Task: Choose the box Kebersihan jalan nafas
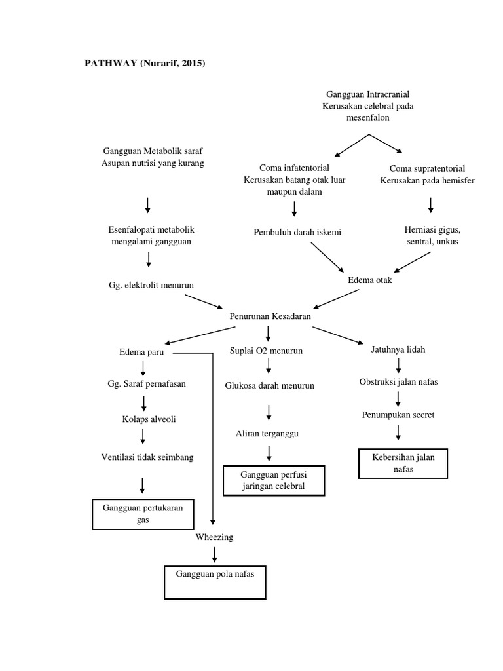pyautogui.click(x=403, y=463)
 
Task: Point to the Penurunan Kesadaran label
pyautogui.click(x=270, y=316)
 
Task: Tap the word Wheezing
pyautogui.click(x=214, y=537)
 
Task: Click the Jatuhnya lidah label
pyautogui.click(x=398, y=349)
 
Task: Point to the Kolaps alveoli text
pyautogui.click(x=147, y=419)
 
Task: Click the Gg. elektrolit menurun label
pyautogui.click(x=151, y=286)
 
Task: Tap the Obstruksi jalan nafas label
pyautogui.click(x=398, y=382)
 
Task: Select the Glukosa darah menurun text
pyautogui.click(x=269, y=385)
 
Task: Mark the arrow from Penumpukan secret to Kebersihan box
pyautogui.click(x=398, y=432)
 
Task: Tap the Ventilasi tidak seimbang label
pyautogui.click(x=147, y=457)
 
